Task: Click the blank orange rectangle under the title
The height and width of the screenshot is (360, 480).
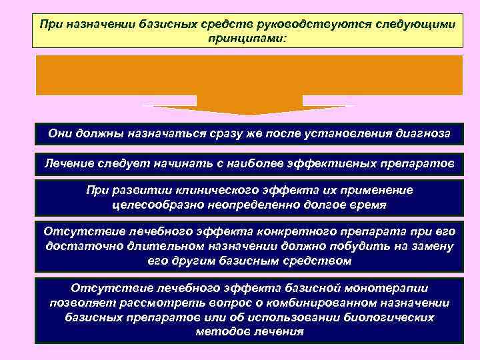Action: [x=249, y=75]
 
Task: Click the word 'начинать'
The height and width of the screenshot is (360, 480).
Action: [x=144, y=162]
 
